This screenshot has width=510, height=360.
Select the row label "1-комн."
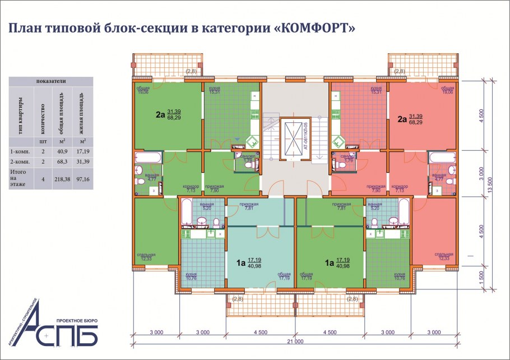pyautogui.click(x=20, y=152)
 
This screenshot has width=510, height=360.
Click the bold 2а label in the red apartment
pyautogui.click(x=401, y=119)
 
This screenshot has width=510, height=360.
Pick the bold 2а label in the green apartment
pyautogui.click(x=160, y=116)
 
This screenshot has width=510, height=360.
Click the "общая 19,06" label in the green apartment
pyautogui.click(x=142, y=90)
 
